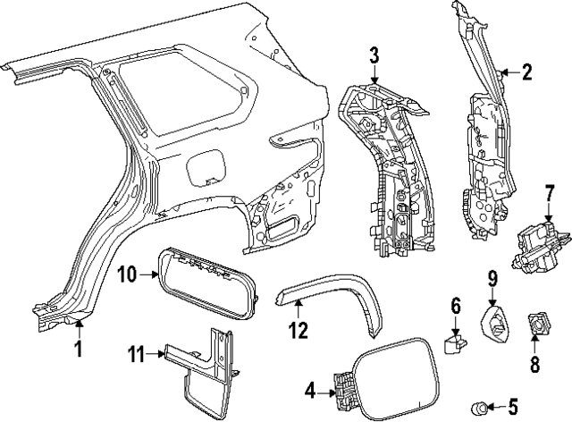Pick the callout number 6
(455, 308)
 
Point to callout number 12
(298, 331)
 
